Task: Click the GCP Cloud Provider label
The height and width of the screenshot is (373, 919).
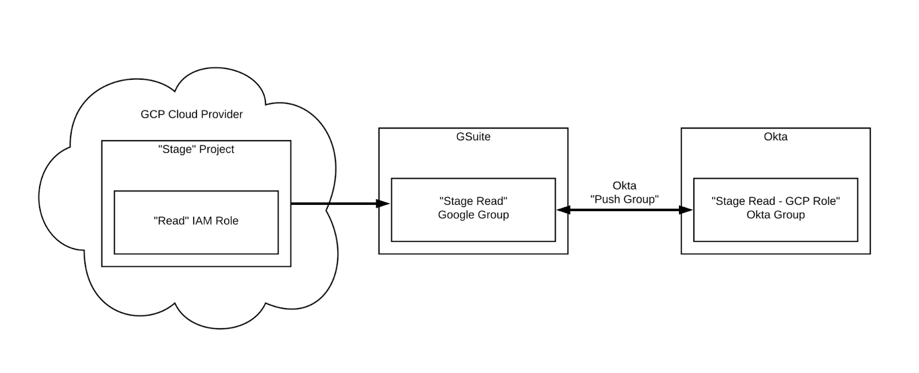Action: pyautogui.click(x=191, y=114)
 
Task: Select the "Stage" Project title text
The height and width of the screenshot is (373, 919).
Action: pyautogui.click(x=196, y=149)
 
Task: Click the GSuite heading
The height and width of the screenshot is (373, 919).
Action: pyautogui.click(x=473, y=137)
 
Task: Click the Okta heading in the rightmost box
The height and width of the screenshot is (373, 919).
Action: pyautogui.click(x=775, y=137)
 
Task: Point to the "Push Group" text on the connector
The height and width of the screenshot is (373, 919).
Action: pyautogui.click(x=624, y=199)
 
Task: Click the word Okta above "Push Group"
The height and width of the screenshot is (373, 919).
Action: pyautogui.click(x=624, y=185)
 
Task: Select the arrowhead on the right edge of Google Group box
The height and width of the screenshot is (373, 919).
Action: pyautogui.click(x=563, y=210)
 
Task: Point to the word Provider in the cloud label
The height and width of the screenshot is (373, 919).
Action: pyautogui.click(x=221, y=114)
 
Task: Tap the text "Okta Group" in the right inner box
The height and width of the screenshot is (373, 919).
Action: pyautogui.click(x=775, y=215)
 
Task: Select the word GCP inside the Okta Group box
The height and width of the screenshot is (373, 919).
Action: pyautogui.click(x=798, y=201)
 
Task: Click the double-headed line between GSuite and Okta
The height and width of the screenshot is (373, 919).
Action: pyautogui.click(x=624, y=210)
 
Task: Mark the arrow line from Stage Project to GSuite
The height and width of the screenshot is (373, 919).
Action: pyautogui.click(x=333, y=203)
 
